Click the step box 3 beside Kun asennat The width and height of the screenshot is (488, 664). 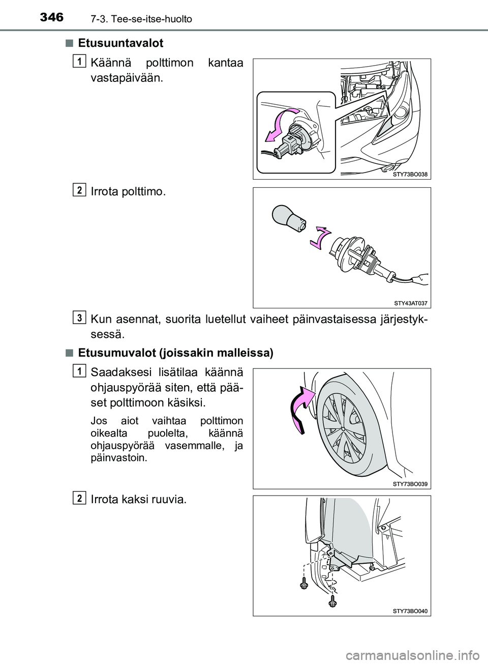pos(80,316)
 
